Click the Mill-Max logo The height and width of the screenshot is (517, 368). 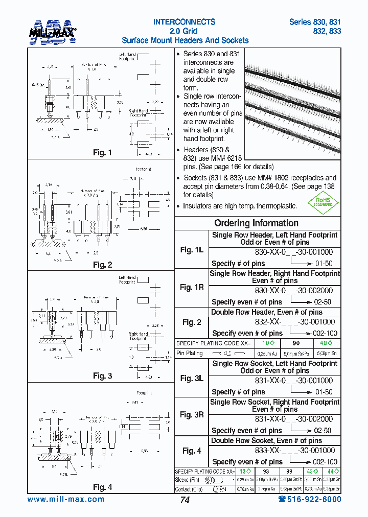click(x=53, y=31)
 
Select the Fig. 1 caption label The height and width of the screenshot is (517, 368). click(x=102, y=153)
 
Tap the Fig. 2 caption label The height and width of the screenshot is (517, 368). click(x=102, y=265)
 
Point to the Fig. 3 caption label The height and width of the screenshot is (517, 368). click(x=102, y=376)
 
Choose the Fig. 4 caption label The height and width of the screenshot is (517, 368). click(x=102, y=487)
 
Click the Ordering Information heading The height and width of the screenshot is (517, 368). click(x=257, y=223)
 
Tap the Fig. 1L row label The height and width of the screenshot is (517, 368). click(x=192, y=250)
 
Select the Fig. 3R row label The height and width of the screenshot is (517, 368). click(x=192, y=415)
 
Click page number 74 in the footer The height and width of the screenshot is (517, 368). click(x=185, y=500)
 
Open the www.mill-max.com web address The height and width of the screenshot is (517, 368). click(x=66, y=499)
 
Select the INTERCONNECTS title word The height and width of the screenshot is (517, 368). click(x=185, y=22)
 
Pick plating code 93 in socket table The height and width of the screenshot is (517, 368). click(x=266, y=472)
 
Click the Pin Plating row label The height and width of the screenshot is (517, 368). click(x=190, y=353)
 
